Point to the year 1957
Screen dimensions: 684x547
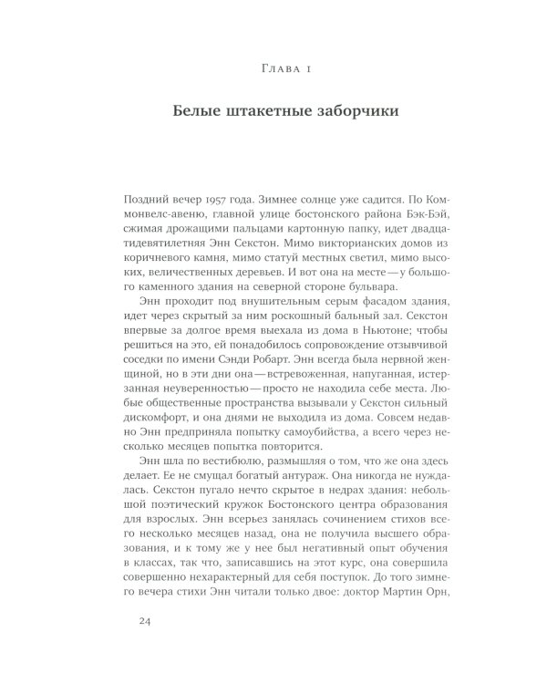click(x=221, y=200)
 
